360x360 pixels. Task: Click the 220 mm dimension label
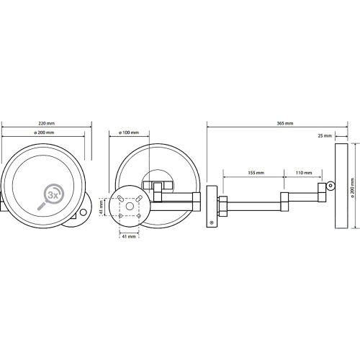(x=47, y=123)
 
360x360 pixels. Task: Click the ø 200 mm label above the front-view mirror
(x=44, y=132)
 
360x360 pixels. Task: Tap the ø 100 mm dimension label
(x=129, y=132)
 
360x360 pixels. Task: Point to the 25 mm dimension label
(x=325, y=136)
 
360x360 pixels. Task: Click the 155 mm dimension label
(x=256, y=173)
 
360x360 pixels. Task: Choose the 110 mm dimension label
(x=304, y=173)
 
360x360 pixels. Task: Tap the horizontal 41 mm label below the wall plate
(x=129, y=236)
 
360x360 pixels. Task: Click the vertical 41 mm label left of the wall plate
(x=102, y=207)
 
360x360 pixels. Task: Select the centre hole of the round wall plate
(x=130, y=206)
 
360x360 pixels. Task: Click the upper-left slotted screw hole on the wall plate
(x=120, y=198)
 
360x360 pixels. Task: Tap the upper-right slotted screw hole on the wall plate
(x=139, y=199)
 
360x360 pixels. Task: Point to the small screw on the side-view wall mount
(x=212, y=222)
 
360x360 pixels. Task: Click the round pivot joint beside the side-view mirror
(x=331, y=186)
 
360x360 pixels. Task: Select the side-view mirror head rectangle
(x=341, y=186)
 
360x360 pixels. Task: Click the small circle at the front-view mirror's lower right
(x=84, y=212)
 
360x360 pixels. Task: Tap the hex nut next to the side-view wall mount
(x=222, y=206)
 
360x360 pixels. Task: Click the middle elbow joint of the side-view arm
(x=284, y=202)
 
